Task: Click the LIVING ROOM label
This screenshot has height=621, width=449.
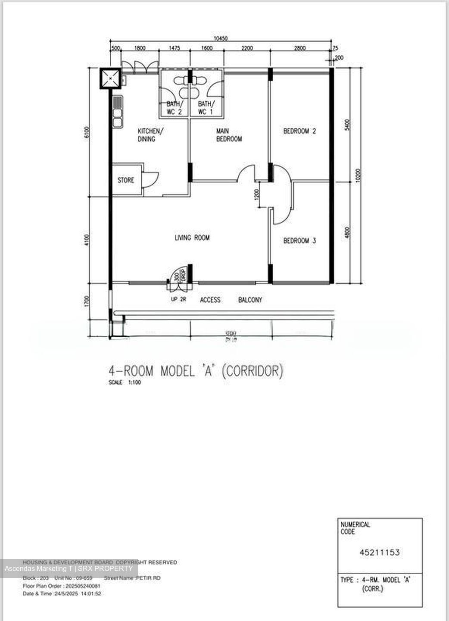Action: (x=192, y=238)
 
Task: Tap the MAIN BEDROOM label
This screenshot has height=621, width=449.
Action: (x=229, y=135)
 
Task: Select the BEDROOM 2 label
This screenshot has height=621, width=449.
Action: (x=299, y=131)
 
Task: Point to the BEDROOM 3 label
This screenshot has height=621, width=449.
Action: (x=299, y=241)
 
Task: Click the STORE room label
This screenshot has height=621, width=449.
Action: (x=126, y=180)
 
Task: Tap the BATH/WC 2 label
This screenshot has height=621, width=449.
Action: (x=175, y=108)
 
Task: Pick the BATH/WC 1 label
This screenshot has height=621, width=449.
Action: (x=206, y=108)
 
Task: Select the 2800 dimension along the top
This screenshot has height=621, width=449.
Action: (x=300, y=48)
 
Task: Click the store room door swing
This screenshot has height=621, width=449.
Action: (x=151, y=179)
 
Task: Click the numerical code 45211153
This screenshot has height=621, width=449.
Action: (x=380, y=552)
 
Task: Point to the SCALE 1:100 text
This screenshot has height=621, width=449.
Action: (x=125, y=383)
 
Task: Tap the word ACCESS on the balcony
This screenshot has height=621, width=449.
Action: (x=210, y=300)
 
